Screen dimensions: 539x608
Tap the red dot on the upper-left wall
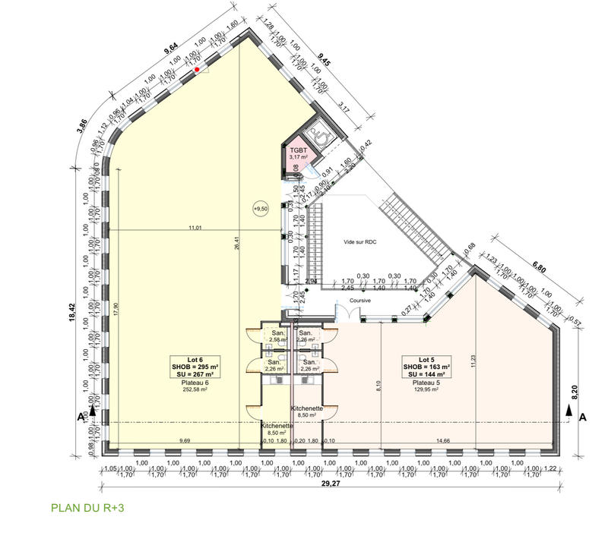[x=196, y=69]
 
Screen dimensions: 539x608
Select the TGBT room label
[x=298, y=150]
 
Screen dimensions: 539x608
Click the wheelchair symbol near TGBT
[x=321, y=134]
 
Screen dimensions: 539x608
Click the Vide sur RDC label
[x=361, y=242]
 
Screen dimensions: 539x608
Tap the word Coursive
[x=359, y=301]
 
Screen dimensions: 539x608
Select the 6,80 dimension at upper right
[x=540, y=266]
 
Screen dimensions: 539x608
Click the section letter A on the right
[x=583, y=417]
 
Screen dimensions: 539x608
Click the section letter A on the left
[x=79, y=417]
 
